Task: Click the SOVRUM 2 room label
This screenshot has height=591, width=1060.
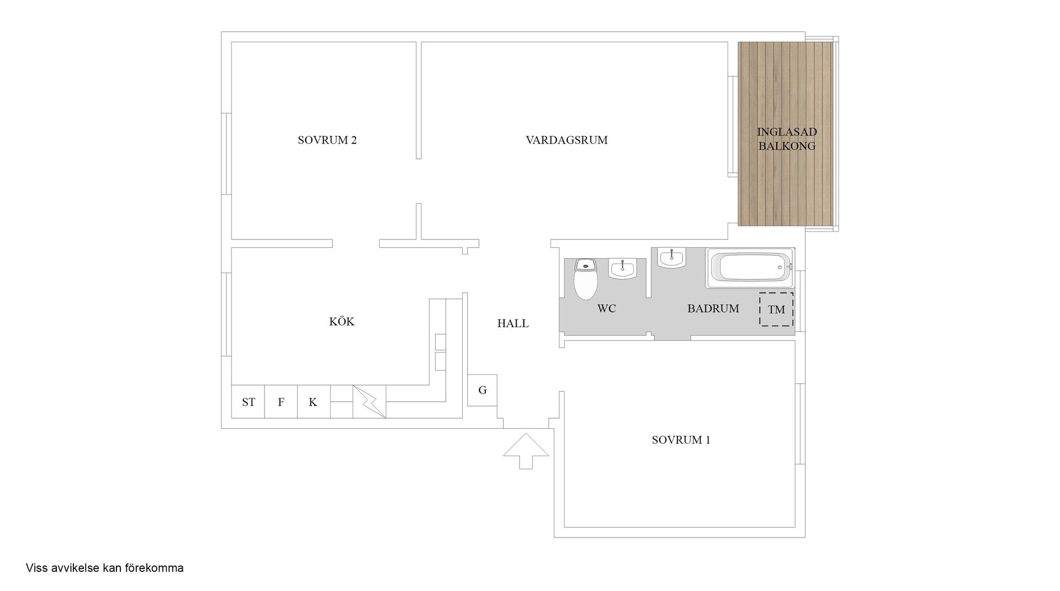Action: (327, 140)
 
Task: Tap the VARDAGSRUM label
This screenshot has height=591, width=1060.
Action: (566, 140)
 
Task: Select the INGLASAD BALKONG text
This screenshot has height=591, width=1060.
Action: (787, 139)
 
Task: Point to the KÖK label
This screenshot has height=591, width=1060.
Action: (342, 322)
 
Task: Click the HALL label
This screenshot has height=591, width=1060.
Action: (513, 324)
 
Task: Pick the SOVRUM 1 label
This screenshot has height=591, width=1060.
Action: (681, 440)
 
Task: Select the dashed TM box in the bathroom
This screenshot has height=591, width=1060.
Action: (776, 310)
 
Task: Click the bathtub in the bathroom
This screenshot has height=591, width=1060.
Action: (750, 268)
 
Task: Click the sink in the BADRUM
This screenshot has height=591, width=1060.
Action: (671, 258)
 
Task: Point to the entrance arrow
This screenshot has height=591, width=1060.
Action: (526, 450)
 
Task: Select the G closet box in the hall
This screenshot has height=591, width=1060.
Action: (482, 390)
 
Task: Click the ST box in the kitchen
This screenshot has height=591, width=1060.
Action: (248, 402)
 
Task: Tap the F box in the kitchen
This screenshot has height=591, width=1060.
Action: (281, 402)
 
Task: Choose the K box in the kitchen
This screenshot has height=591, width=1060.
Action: (313, 402)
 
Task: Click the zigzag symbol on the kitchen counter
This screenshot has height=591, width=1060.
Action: (369, 401)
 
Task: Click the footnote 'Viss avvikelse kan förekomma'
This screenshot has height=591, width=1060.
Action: (105, 568)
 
